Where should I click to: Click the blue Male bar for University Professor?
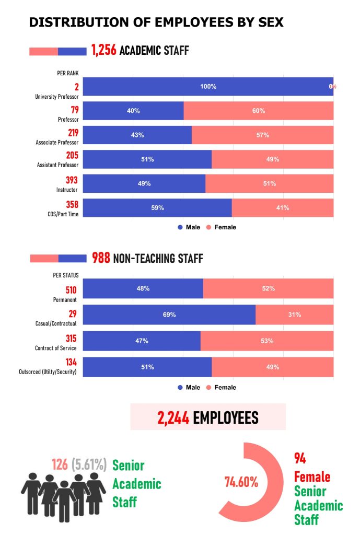click(x=207, y=87)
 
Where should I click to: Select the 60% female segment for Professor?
click(x=259, y=111)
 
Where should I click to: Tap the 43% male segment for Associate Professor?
click(x=137, y=135)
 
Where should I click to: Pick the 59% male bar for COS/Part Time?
click(x=157, y=207)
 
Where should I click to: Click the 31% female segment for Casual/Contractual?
click(x=295, y=315)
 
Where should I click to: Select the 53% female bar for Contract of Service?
click(x=267, y=341)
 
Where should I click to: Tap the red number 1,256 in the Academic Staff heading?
click(x=103, y=51)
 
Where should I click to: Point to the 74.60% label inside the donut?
click(x=241, y=482)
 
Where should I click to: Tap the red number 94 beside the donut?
click(x=300, y=459)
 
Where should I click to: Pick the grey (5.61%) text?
click(x=89, y=464)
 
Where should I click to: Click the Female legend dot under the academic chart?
click(x=207, y=227)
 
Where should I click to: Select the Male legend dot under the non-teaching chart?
click(x=180, y=388)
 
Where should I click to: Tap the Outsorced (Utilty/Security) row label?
click(x=47, y=372)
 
